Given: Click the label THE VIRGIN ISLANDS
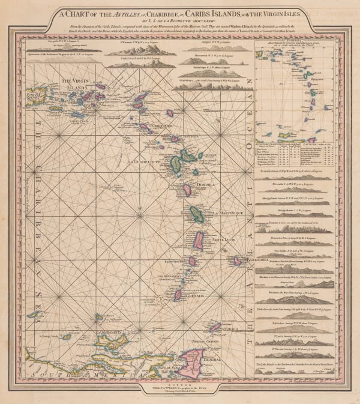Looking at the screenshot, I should (x=74, y=85).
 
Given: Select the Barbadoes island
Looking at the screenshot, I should (x=236, y=261).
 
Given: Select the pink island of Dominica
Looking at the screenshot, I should (x=187, y=190).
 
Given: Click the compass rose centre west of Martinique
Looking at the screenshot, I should (x=139, y=214).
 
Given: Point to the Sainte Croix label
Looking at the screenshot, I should (x=79, y=120).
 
